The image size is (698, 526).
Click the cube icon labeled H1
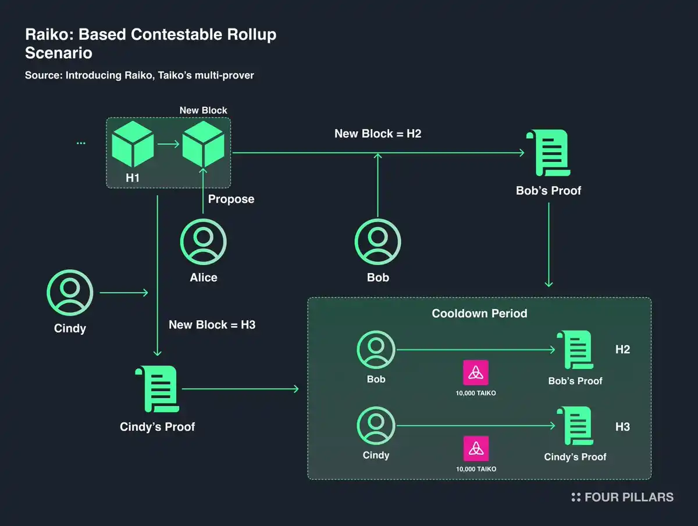pos(133,145)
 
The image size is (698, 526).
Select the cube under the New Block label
pos(203,145)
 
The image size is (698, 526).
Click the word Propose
pos(232,199)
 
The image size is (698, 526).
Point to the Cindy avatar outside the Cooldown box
pos(70,294)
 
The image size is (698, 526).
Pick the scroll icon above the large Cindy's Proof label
pos(157,389)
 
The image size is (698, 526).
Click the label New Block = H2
pos(378,134)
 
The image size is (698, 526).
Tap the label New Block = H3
pos(212,324)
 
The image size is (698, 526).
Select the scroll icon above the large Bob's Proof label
pos(548,152)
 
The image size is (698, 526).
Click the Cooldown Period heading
pos(479,313)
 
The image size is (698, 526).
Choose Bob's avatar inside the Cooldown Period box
pos(376,350)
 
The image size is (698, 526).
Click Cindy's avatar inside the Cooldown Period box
pos(376,427)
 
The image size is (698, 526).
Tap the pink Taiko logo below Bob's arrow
pos(476,373)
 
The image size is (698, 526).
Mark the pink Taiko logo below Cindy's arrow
pos(476,449)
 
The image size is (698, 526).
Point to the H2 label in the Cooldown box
pos(622,349)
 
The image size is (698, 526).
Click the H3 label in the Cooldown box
pos(622,427)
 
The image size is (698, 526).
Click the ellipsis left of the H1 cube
pos(81,142)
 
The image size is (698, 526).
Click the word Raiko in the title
pos(48,35)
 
